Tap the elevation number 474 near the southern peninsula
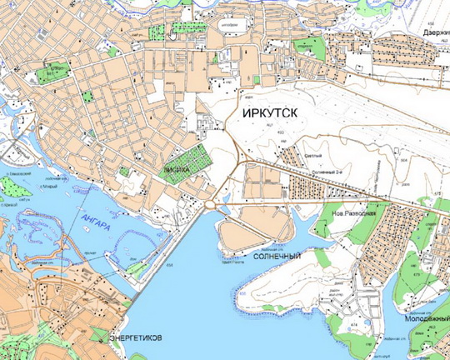click(x=353, y=325)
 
